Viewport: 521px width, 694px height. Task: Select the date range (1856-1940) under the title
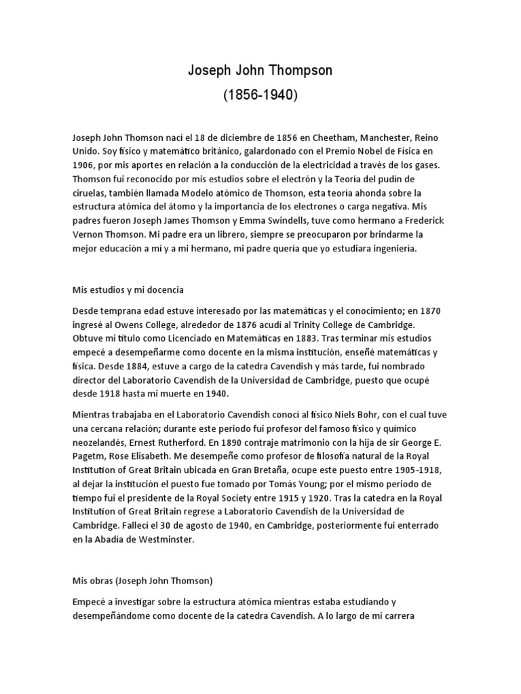260,95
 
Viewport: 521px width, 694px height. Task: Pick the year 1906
85,165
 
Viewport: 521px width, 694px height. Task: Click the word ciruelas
93,192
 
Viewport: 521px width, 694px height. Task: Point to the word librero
227,234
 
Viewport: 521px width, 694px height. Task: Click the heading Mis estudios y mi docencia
128,289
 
